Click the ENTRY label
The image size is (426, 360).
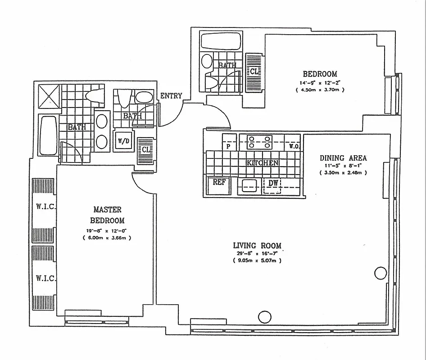point(171,95)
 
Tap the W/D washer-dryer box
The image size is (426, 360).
point(123,141)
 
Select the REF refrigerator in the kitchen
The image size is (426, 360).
point(219,183)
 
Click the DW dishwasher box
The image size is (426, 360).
point(272,183)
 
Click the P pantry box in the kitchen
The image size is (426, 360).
point(229,146)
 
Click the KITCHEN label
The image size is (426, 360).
point(262,163)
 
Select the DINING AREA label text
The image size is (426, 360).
point(343,158)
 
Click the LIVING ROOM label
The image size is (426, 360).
point(257,245)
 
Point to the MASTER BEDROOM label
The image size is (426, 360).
point(107,215)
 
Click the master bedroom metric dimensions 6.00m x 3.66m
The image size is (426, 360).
point(107,238)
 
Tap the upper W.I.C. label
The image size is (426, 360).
point(45,207)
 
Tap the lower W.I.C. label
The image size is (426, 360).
point(45,278)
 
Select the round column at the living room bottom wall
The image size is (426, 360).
point(263,317)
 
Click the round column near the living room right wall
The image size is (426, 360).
point(381,272)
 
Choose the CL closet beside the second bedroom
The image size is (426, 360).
point(254,72)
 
